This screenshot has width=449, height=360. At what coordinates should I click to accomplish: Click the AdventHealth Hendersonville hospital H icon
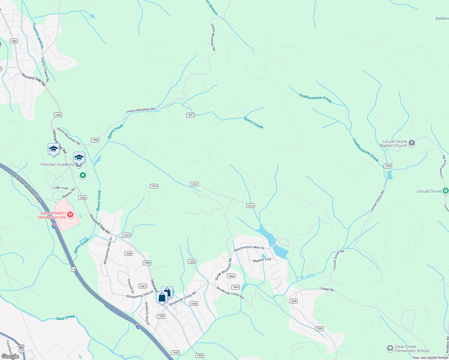click(70, 214)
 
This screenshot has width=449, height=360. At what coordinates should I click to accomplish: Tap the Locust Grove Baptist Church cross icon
click(412, 143)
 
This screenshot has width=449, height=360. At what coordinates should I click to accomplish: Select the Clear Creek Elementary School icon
click(390, 348)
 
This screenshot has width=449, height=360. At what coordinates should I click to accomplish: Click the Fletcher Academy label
click(57, 164)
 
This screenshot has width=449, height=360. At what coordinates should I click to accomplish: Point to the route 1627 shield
click(191, 115)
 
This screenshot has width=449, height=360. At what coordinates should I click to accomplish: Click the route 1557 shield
click(194, 184)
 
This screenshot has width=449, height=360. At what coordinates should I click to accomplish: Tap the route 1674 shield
click(251, 205)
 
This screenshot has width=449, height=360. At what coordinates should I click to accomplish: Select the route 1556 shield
click(95, 140)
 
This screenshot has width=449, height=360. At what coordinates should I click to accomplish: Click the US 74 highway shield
click(74, 269)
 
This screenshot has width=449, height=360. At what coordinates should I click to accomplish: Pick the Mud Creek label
click(66, 317)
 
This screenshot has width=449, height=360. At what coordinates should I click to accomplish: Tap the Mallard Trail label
click(262, 260)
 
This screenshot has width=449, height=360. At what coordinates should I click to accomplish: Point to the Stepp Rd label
click(327, 289)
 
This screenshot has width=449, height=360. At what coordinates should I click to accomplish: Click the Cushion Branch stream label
click(38, 36)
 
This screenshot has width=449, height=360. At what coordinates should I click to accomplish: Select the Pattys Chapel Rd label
click(45, 70)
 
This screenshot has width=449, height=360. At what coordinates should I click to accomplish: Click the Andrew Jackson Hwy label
click(27, 188)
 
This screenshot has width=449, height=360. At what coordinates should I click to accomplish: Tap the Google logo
click(10, 356)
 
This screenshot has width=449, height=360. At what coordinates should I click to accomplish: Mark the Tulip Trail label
click(61, 188)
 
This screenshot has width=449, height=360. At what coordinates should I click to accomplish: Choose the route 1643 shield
click(192, 262)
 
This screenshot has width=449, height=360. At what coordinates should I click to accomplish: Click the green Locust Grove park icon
click(446, 190)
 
